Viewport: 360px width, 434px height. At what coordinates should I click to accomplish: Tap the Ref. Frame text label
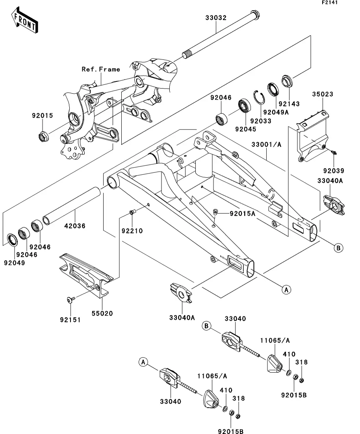100,69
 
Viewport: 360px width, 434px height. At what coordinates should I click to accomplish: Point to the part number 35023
323,94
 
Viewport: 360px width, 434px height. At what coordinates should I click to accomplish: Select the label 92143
289,104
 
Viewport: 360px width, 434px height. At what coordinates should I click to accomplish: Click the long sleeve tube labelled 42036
71,207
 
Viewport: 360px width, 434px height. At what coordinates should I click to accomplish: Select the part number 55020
103,313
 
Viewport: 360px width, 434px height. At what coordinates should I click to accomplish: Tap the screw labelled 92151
70,300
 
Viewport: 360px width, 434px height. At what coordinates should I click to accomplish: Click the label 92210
132,231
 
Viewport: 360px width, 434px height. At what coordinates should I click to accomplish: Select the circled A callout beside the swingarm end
287,290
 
